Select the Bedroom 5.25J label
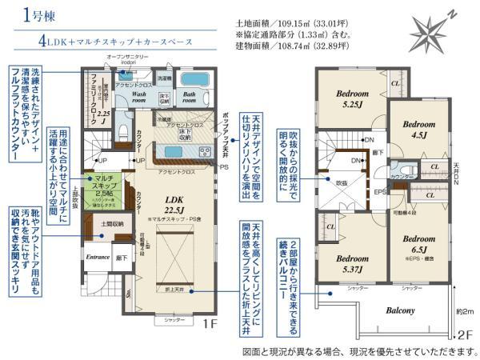pyautogui.click(x=349, y=98)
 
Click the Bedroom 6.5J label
pyautogui.click(x=419, y=245)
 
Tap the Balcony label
pyautogui.click(x=401, y=310)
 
